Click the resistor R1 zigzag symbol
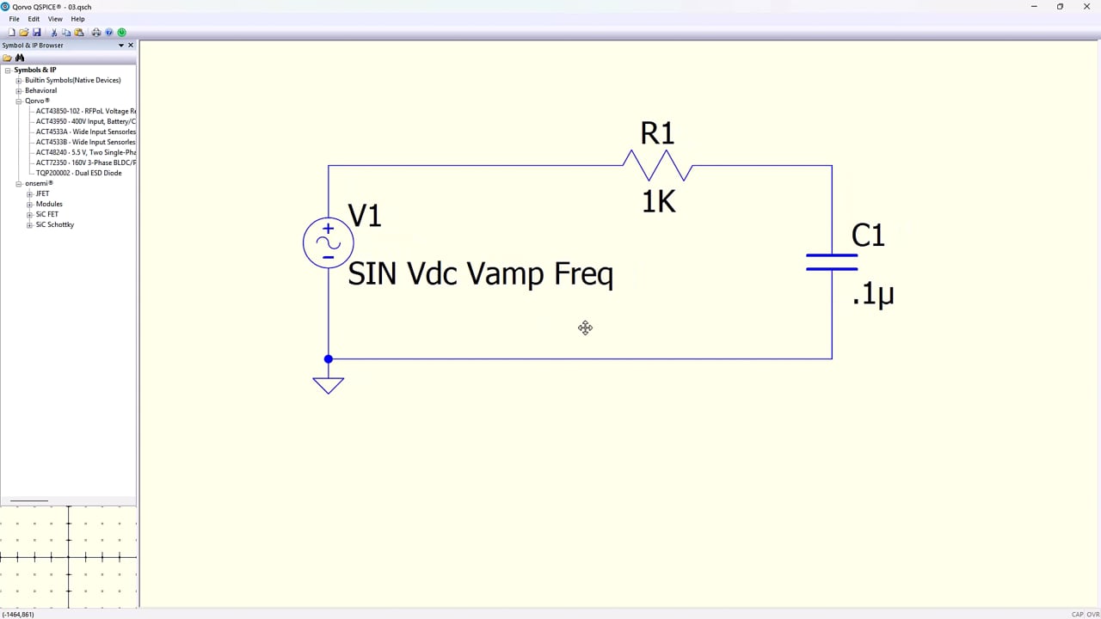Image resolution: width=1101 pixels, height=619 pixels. (x=658, y=166)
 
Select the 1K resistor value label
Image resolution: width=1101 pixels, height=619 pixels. (x=659, y=202)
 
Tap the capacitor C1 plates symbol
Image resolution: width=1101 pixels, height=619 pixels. (x=832, y=262)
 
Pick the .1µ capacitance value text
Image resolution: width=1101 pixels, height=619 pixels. (x=873, y=294)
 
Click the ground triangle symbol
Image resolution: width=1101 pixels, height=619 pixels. (x=329, y=386)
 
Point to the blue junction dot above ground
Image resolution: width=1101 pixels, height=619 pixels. (x=329, y=359)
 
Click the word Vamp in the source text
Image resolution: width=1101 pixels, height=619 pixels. (x=505, y=273)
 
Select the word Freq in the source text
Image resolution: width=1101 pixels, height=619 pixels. (x=584, y=273)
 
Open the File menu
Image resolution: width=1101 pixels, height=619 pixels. (x=15, y=19)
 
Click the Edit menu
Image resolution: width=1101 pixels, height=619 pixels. (x=34, y=19)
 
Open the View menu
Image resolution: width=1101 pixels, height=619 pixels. (x=55, y=19)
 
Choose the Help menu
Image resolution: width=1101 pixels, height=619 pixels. (x=77, y=19)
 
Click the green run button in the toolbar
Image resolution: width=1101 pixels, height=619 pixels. (x=122, y=33)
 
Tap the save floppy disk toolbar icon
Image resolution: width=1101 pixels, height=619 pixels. (x=37, y=33)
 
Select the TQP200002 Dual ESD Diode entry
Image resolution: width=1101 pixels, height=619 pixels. (x=78, y=173)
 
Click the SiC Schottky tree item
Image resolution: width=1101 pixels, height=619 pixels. (x=55, y=224)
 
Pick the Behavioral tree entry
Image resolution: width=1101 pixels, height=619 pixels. (x=40, y=90)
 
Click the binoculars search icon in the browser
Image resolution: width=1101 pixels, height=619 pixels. (x=20, y=58)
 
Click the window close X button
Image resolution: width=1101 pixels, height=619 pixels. (x=1086, y=6)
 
